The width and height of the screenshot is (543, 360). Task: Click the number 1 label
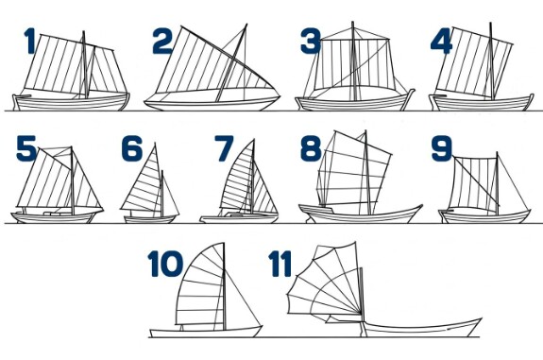pyautogui.click(x=30, y=42)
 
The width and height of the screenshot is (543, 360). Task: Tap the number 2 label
pyautogui.click(x=162, y=42)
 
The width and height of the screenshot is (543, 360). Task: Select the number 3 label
pyautogui.click(x=311, y=42)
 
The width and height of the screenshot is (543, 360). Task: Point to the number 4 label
pyautogui.click(x=441, y=42)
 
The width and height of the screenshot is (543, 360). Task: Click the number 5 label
pyautogui.click(x=26, y=148)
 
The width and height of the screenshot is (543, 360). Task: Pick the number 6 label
pyautogui.click(x=132, y=148)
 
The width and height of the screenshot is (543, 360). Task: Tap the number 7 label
pyautogui.click(x=224, y=148)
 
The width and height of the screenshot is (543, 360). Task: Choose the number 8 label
pyautogui.click(x=311, y=148)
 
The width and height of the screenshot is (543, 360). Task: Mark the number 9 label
pyautogui.click(x=442, y=148)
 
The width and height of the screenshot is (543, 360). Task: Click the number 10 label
pyautogui.click(x=165, y=264)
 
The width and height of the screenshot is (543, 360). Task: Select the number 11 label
pyautogui.click(x=280, y=264)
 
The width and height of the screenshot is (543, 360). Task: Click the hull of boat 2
pyautogui.click(x=212, y=101)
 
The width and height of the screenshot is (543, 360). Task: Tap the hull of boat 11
pyautogui.click(x=421, y=328)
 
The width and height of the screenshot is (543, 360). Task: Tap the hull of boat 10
pyautogui.click(x=205, y=332)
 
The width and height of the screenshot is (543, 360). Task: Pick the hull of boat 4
pyautogui.click(x=482, y=103)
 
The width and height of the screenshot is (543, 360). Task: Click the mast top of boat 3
pyautogui.click(x=352, y=23)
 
